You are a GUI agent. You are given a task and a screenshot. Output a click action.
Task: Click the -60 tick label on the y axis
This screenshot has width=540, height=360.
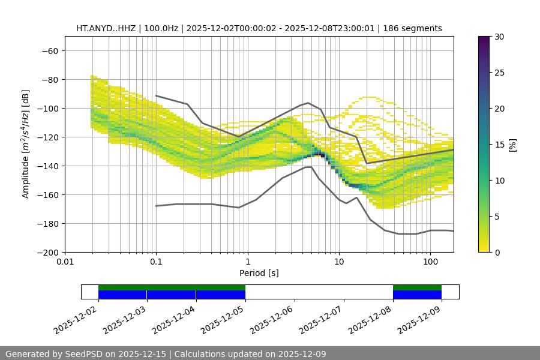[49, 50]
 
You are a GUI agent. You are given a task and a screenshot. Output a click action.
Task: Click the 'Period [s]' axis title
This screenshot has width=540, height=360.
[259, 273]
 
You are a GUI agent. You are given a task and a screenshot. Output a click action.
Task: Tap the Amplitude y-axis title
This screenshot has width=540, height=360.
[26, 144]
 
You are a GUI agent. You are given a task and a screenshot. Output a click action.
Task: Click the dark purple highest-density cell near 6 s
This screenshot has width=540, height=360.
[322, 155]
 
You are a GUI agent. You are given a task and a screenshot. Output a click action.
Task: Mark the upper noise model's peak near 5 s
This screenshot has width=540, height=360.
[308, 103]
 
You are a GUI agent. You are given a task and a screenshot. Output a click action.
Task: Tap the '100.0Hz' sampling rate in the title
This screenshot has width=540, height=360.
[161, 28]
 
